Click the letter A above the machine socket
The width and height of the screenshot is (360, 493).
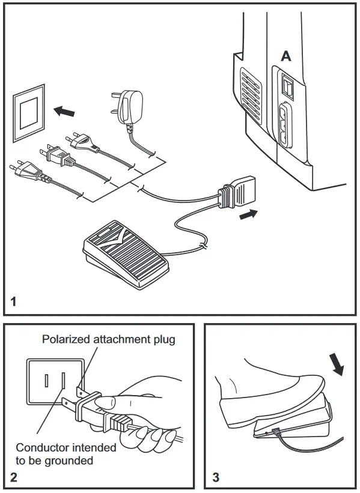coord(287,56)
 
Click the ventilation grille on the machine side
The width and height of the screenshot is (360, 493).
coord(251,93)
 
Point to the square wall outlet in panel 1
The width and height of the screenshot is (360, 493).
coord(28,112)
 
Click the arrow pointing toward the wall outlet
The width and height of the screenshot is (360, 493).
coord(65,111)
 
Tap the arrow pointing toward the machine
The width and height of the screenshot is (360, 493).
coord(249,213)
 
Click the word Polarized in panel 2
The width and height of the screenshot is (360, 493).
coord(66,340)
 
